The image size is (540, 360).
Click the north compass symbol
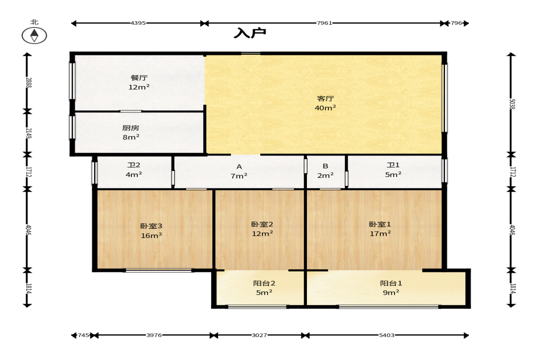tap(34, 35)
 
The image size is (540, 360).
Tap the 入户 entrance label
tap(250, 33)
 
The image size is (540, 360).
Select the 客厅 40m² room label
tap(325, 103)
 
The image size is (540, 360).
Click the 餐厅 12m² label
tap(139, 82)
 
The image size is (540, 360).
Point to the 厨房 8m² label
tap(131, 133)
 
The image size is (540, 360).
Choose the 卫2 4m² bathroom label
tap(134, 170)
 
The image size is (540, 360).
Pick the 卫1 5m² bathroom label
tap(393, 170)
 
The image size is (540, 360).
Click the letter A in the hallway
tap(239, 167)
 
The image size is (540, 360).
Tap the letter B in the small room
tap(325, 166)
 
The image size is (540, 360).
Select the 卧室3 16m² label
tap(151, 231)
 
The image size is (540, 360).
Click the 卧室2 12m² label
tap(262, 229)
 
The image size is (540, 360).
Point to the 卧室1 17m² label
tap(380, 229)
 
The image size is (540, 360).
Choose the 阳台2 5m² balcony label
tap(264, 288)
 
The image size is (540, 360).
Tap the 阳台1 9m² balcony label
tap(391, 288)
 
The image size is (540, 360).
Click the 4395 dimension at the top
tap(138, 23)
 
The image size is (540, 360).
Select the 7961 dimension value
tap(324, 23)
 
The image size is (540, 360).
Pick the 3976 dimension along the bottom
tap(154, 335)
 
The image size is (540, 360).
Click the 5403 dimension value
tap(387, 335)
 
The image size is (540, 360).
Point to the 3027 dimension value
tap(259, 335)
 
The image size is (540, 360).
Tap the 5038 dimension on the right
tap(512, 104)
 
